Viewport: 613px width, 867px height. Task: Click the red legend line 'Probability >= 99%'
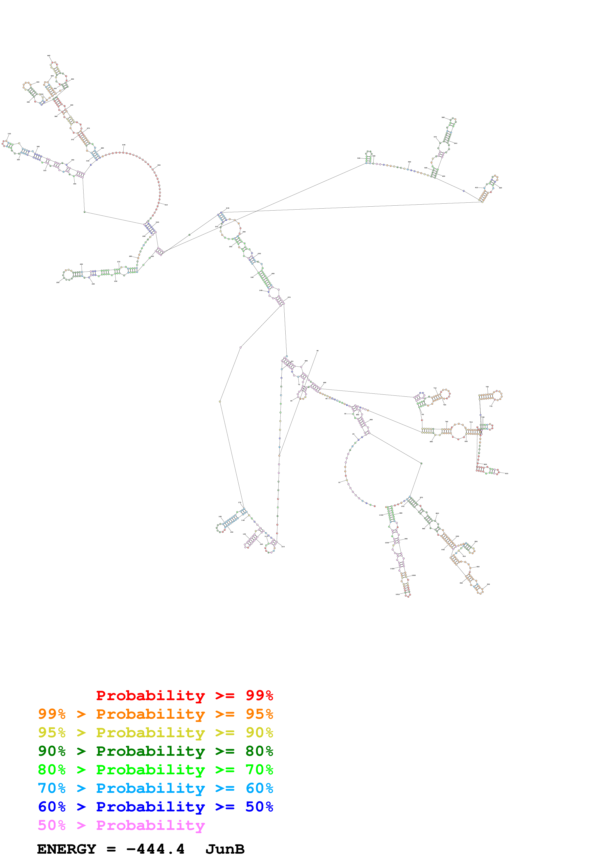(184, 695)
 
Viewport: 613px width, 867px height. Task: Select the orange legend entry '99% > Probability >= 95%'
(155, 714)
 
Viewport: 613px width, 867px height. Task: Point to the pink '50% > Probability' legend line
(121, 825)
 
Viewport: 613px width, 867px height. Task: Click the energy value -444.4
(155, 849)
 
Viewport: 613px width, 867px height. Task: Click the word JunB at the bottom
(225, 849)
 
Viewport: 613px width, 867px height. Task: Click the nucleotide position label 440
(49, 56)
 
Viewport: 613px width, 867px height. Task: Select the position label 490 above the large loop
(123, 145)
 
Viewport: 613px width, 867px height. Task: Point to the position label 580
(443, 117)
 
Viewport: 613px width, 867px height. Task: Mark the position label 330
(9, 134)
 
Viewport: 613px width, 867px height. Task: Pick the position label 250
(58, 282)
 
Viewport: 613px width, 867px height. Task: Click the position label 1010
(397, 594)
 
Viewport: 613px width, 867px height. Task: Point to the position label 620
(500, 188)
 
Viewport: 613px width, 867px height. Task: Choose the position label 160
(220, 517)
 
